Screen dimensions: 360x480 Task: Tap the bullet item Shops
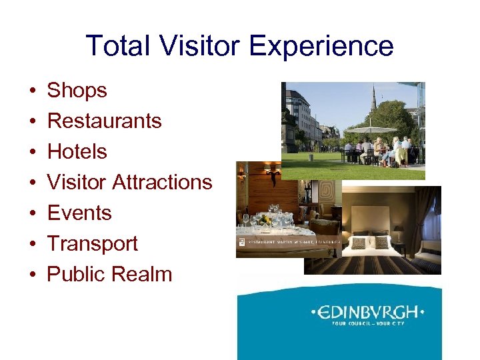77,90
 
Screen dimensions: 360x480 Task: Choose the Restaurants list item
104,121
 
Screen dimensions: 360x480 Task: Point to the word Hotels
77,151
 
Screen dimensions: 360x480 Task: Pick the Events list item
79,213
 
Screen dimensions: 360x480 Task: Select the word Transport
92,243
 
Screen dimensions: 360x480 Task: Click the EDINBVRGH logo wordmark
368,312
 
